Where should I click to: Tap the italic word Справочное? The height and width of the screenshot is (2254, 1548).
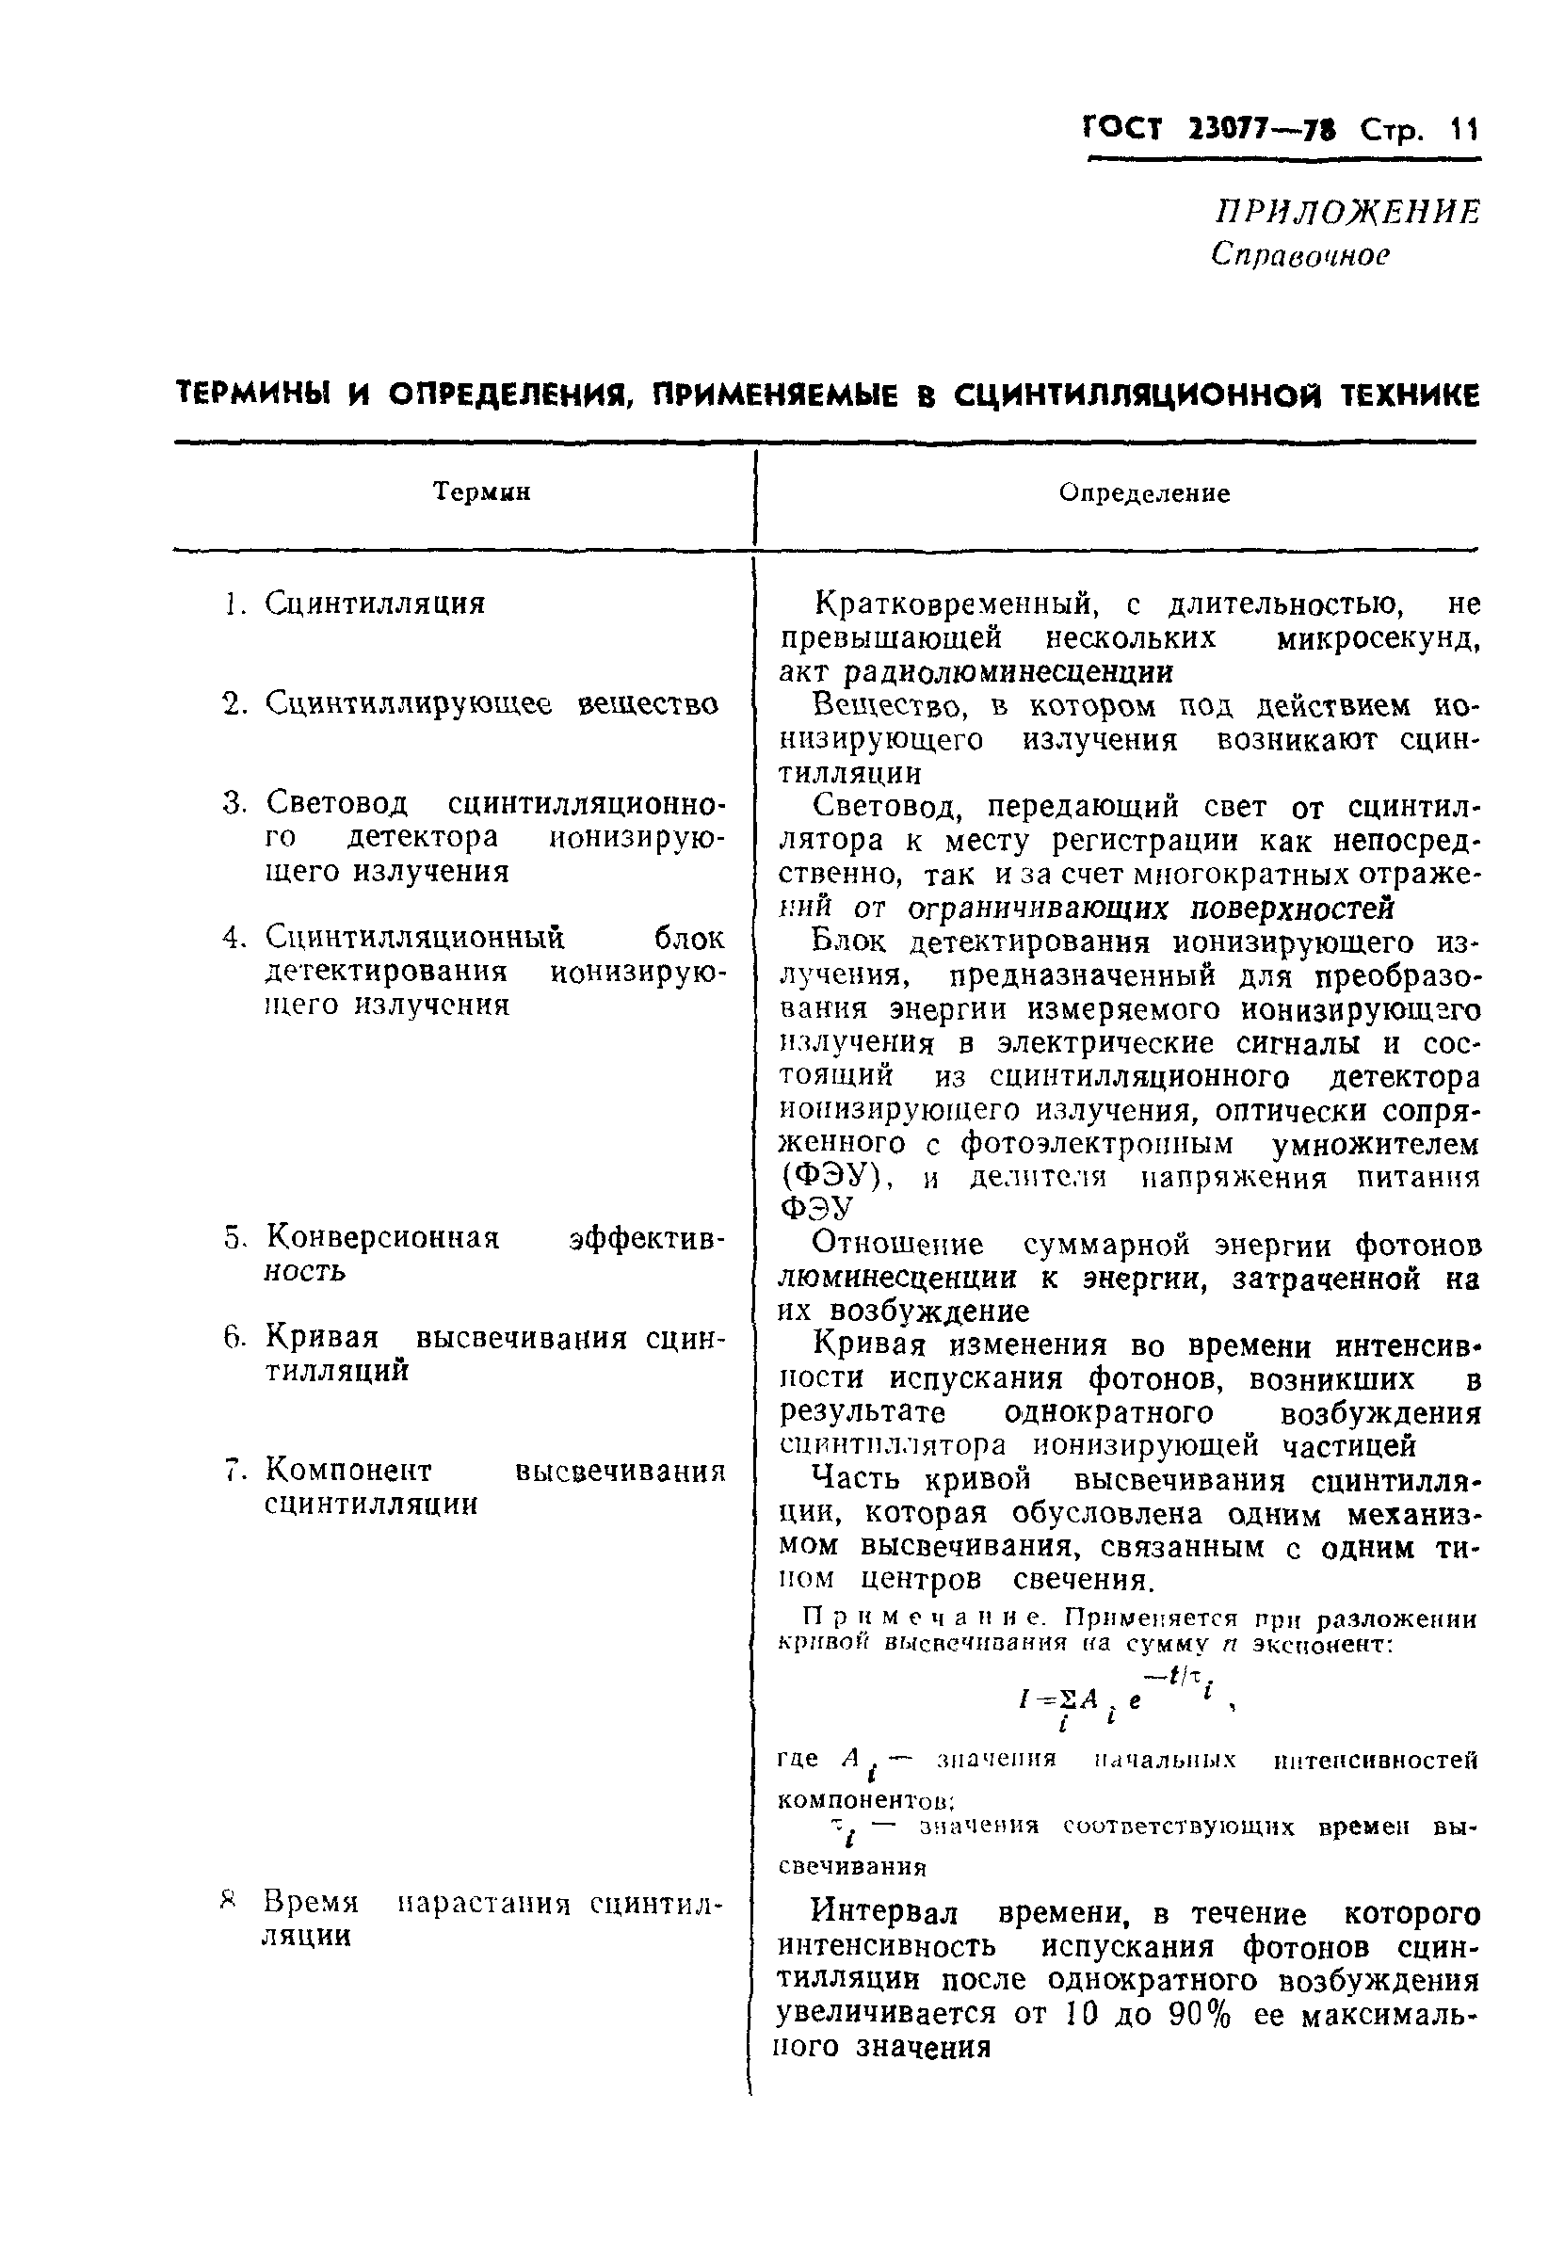tap(1299, 254)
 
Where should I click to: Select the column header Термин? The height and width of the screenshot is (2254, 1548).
tap(481, 491)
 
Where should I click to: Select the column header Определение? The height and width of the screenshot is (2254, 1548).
tap(1144, 493)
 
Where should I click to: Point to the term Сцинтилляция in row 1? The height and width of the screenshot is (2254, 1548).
tap(375, 604)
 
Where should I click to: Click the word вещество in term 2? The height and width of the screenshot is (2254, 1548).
tap(648, 703)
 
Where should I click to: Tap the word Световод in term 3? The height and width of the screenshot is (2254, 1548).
tap(336, 803)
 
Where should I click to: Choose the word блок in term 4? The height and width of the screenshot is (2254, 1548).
tap(688, 938)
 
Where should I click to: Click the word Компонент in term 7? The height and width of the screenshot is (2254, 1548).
tap(348, 1471)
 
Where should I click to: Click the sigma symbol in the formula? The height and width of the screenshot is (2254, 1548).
tap(1067, 1699)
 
